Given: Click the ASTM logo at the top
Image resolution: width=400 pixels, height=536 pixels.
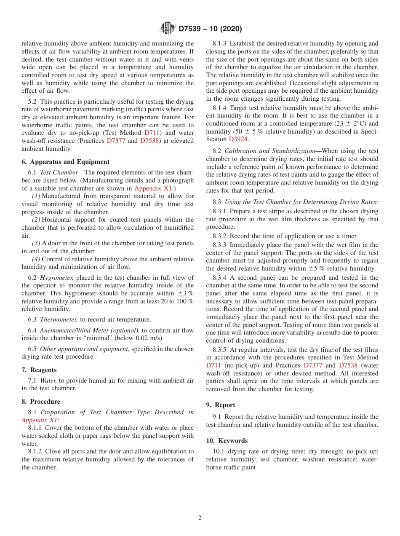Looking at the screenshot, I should tap(168, 28).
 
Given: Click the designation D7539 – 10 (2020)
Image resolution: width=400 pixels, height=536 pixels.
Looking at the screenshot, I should tap(210, 29).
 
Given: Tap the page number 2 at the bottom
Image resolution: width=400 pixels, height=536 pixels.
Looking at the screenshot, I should tap(200, 518).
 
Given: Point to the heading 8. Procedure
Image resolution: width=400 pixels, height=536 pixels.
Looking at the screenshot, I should tap(40, 402).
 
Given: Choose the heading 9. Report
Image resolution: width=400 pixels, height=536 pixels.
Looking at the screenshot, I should tap(221, 405).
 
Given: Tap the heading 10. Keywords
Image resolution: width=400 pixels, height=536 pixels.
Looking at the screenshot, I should tap(227, 441).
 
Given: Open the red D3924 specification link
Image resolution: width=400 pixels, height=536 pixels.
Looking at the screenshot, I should tap(238, 139).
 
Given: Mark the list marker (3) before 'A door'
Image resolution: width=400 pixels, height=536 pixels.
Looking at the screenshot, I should tap(36, 243).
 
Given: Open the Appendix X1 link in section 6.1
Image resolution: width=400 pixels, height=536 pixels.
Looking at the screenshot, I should tap(152, 188).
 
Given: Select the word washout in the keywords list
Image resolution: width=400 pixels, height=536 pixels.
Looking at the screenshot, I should tap(314, 459).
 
